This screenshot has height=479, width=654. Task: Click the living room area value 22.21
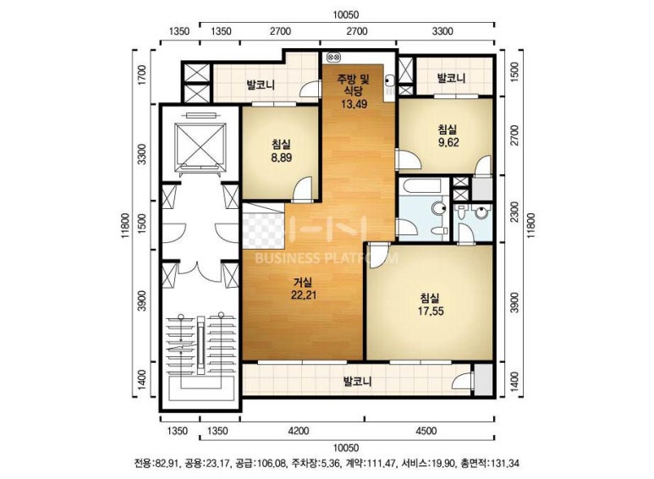pos(304,295)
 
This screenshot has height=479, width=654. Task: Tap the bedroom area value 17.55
pos(431,311)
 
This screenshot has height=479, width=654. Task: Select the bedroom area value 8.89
pos(281,157)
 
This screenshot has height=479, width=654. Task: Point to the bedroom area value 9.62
pos(448,142)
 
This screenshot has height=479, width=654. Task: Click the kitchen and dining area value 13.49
pos(354,104)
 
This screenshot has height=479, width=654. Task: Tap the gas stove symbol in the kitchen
pos(334,57)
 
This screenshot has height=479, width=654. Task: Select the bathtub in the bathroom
pos(423,185)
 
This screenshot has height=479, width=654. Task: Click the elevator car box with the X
pos(201,144)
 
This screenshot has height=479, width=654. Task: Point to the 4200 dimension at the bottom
pos(299,431)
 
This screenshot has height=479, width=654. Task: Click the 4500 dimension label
pos(426,431)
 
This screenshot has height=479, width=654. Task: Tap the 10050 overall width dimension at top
pos(346,15)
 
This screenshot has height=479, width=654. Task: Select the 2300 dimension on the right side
pos(514,212)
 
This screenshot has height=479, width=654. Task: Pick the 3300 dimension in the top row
pos(442,31)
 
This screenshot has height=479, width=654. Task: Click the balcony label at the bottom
pos(357,382)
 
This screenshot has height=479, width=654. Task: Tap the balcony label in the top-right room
pos(451,78)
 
